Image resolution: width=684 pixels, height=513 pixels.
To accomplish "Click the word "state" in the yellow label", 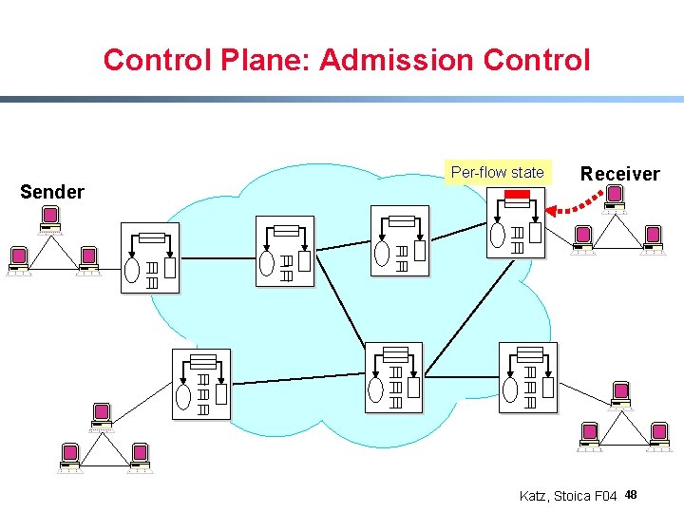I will pos(527,172).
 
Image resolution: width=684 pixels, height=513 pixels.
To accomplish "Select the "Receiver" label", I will pos(619,174).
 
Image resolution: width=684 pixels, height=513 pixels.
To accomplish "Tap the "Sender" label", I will pos(52,192).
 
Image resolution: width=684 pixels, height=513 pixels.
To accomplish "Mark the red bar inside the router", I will pos(517,196).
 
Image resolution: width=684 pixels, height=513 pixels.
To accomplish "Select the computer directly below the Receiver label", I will pos(615,199).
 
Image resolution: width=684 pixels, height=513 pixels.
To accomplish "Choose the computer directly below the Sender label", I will pos(50,220).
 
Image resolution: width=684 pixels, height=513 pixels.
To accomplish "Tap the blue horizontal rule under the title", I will pos(342,99).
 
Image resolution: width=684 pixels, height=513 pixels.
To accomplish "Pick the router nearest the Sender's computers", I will pos(149,257).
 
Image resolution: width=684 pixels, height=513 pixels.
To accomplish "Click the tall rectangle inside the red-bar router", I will pos(535,233).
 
